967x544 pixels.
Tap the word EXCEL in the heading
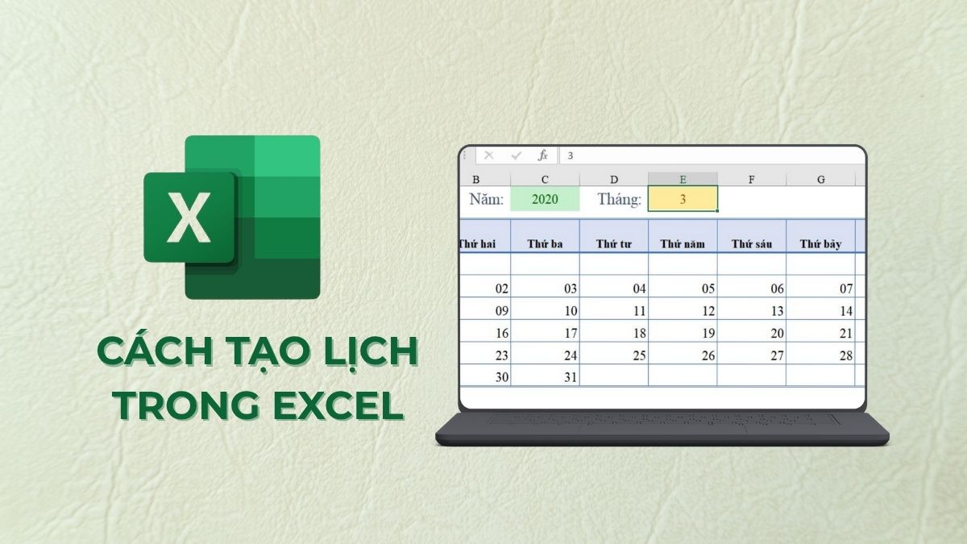pos(339,405)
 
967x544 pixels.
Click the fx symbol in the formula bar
pos(543,155)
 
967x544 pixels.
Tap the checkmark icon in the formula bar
pos(517,155)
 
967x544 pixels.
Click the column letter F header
pos(751,179)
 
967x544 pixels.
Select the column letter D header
pos(614,179)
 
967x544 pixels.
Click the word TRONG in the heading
pos(190,405)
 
